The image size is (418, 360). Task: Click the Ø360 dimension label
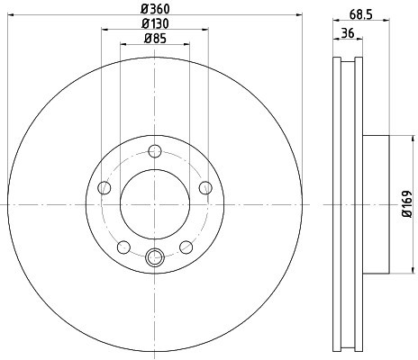(x=155, y=9)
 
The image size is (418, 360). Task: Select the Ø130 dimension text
(x=155, y=23)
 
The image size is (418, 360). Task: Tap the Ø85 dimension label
(x=155, y=38)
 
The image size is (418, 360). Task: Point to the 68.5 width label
(x=361, y=14)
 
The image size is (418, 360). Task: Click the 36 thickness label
(x=348, y=32)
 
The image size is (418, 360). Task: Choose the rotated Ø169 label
(x=407, y=203)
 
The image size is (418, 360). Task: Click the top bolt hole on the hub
(x=155, y=151)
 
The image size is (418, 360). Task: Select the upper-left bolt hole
(x=104, y=188)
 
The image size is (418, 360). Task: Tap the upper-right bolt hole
(x=205, y=188)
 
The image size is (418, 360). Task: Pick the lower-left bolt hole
(x=123, y=247)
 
